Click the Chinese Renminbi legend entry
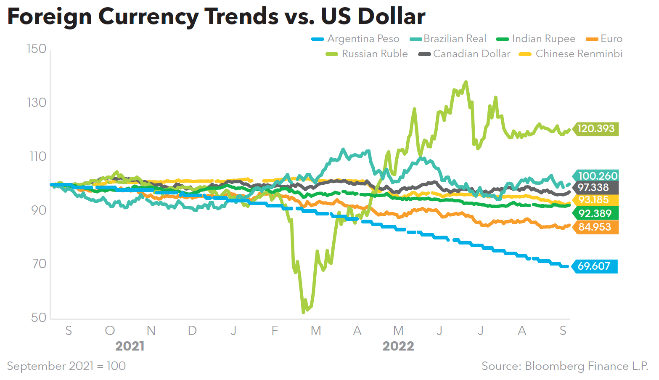(579, 54)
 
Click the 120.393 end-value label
(595, 129)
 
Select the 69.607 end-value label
(594, 266)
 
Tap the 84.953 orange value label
(595, 227)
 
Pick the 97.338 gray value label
(593, 188)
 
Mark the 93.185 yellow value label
(593, 200)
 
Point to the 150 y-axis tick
(37, 49)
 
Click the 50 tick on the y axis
(39, 318)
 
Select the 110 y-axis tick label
(37, 157)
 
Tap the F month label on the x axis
(275, 331)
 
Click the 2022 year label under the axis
(398, 346)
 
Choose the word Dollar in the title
(391, 16)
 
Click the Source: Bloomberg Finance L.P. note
(565, 366)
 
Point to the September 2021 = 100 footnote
(66, 366)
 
